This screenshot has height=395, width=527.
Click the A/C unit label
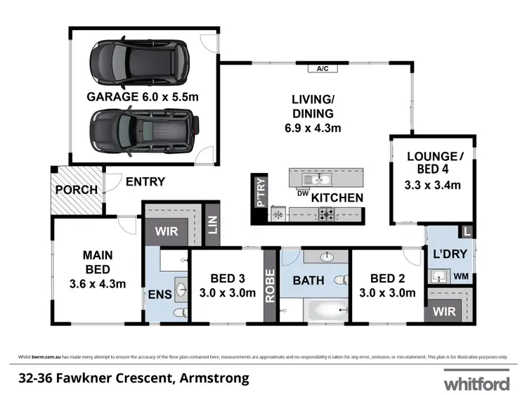pyautogui.click(x=323, y=69)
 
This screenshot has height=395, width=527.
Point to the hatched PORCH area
pyautogui.click(x=76, y=190)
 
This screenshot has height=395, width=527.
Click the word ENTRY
pyautogui.click(x=145, y=181)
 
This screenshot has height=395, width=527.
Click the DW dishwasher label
pyautogui.click(x=304, y=193)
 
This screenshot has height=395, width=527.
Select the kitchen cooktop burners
pyautogui.click(x=327, y=215)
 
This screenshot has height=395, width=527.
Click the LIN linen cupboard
pyautogui.click(x=212, y=224)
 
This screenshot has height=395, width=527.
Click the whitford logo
pyautogui.click(x=475, y=383)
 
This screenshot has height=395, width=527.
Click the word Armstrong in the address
pyautogui.click(x=216, y=379)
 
